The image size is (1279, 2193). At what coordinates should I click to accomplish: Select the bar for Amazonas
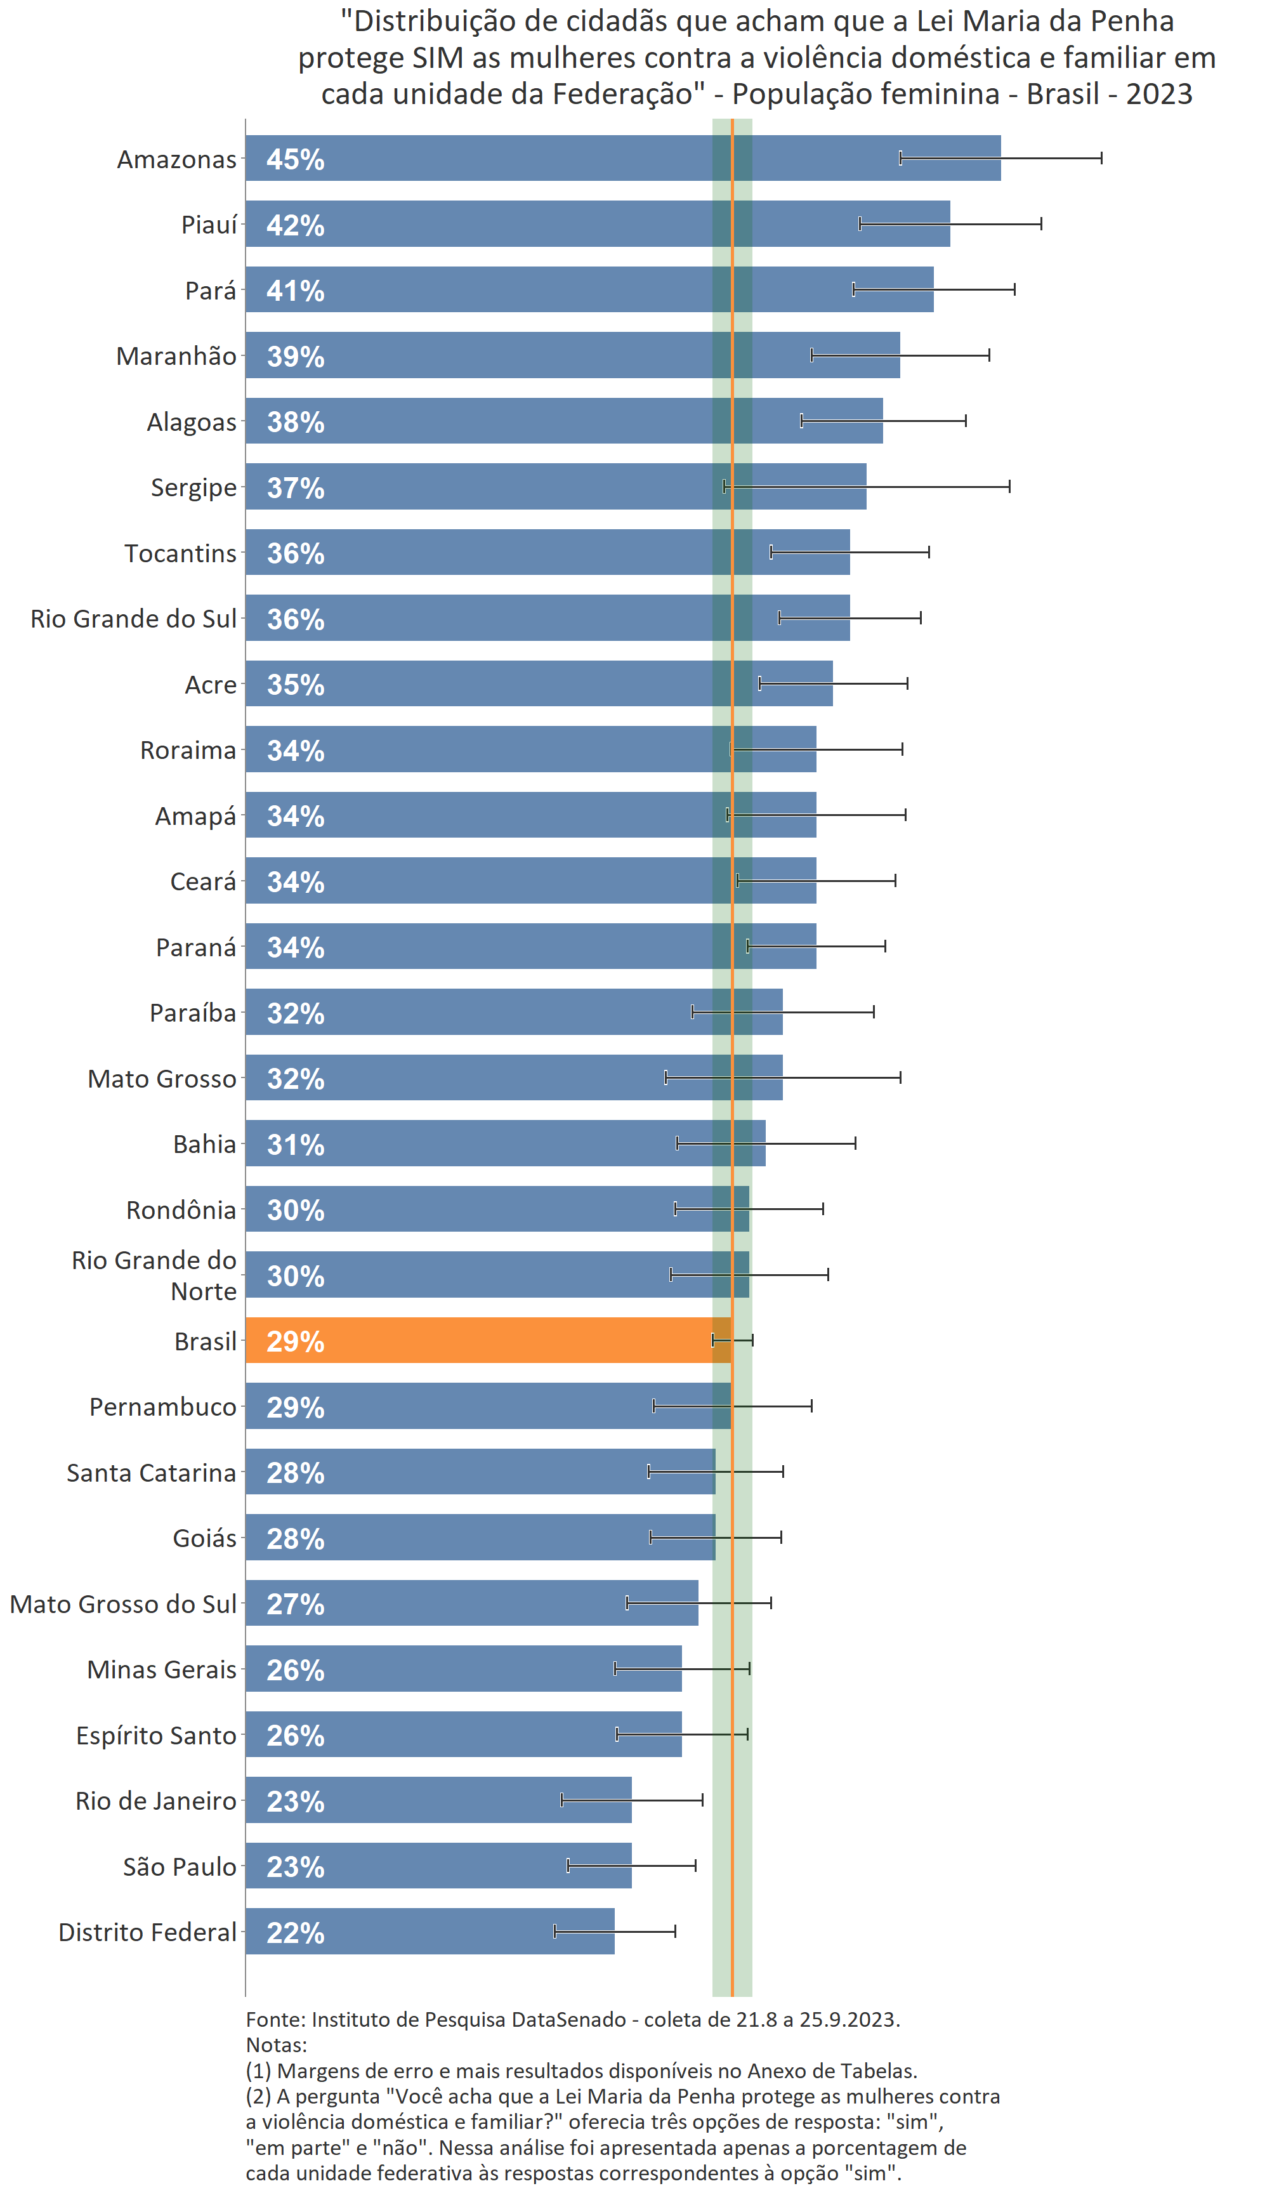(x=622, y=159)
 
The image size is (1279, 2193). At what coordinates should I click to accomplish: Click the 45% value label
(x=295, y=159)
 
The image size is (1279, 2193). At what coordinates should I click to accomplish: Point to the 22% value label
(x=295, y=1933)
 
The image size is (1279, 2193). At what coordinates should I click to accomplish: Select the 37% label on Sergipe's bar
(x=295, y=487)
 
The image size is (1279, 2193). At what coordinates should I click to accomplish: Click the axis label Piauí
(x=209, y=225)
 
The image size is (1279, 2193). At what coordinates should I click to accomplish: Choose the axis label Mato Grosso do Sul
(x=122, y=1604)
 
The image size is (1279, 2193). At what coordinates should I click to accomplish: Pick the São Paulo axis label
(x=180, y=1867)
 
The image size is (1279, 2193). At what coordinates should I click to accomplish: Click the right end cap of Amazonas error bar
(x=1101, y=157)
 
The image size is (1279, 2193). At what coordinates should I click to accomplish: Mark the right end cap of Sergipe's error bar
(x=1009, y=487)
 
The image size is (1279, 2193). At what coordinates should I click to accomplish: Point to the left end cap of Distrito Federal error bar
(x=554, y=1931)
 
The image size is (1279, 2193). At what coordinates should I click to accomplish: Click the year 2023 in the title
(x=1159, y=94)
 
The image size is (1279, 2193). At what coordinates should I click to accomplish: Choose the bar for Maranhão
(x=572, y=355)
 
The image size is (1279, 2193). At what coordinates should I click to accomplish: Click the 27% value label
(x=295, y=1604)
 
